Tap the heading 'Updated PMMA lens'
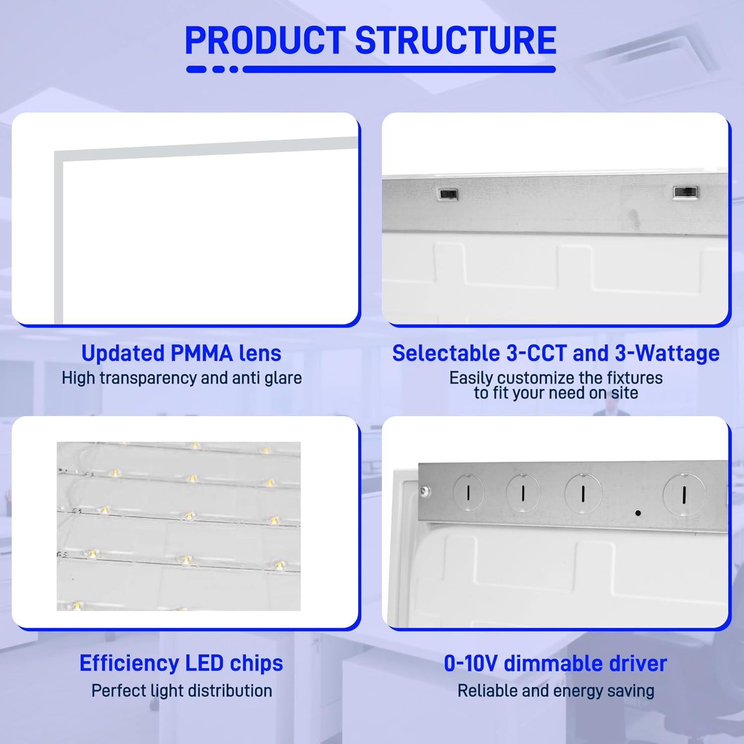click(x=181, y=353)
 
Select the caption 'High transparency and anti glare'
click(x=182, y=378)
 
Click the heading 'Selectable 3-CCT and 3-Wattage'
click(x=556, y=353)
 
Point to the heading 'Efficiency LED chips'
click(x=181, y=663)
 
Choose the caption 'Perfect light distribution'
click(x=182, y=690)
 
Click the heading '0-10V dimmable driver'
click(x=556, y=663)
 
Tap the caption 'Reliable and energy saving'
click(x=556, y=690)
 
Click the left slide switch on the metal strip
click(x=448, y=193)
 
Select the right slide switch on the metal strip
click(x=685, y=192)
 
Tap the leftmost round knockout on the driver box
click(x=468, y=492)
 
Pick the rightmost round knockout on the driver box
click(x=684, y=494)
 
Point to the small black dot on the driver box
click(x=638, y=513)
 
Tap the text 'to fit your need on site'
click(x=556, y=393)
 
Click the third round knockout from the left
click(x=583, y=493)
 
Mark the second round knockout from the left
click(x=523, y=493)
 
